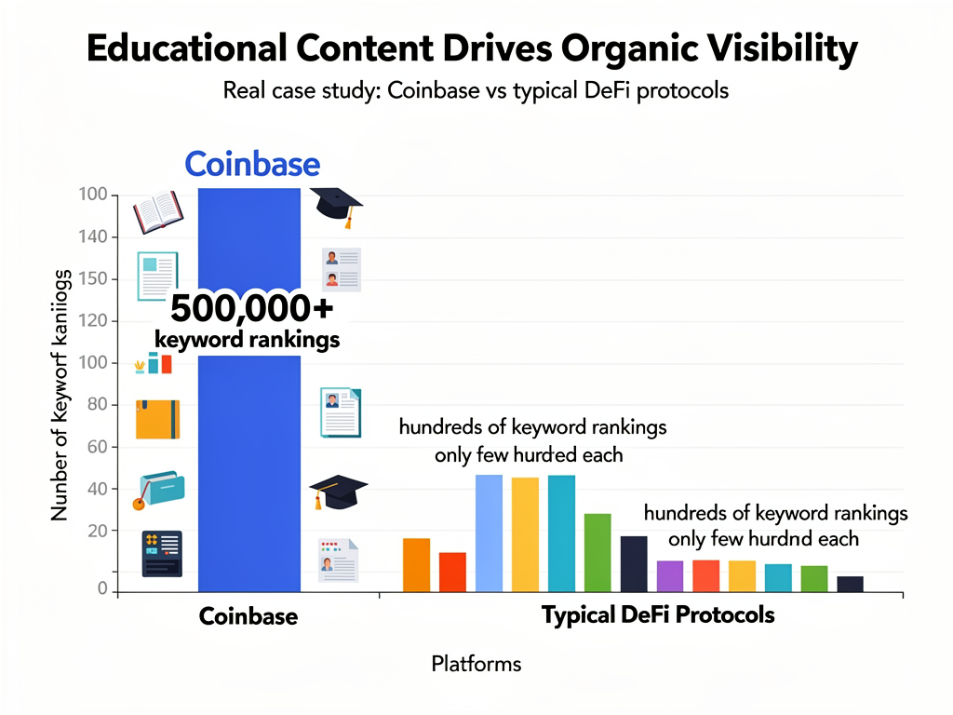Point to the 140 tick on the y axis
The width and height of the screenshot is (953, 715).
(96, 237)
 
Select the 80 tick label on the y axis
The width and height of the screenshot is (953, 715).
(98, 405)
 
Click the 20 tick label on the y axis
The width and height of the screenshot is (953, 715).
(98, 531)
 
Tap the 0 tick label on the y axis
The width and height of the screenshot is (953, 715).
(103, 588)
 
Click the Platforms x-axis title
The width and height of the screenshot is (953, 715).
(476, 664)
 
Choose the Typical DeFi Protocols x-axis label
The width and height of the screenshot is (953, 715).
(658, 615)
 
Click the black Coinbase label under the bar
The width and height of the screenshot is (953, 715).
(248, 616)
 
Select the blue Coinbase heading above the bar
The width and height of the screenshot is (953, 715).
(252, 164)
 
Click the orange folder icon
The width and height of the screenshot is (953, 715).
(157, 418)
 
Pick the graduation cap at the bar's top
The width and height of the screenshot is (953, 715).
(335, 206)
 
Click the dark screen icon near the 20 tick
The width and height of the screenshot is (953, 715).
(161, 553)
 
